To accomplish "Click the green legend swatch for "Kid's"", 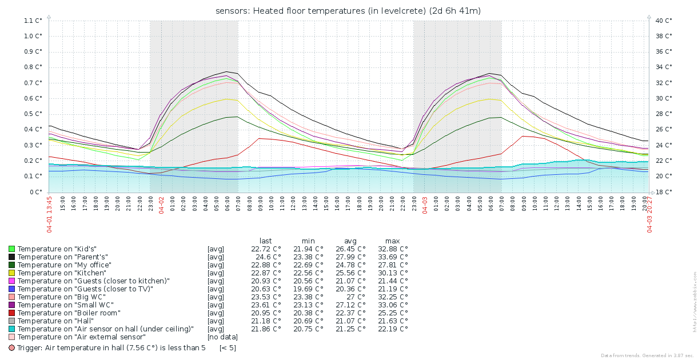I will (x=11, y=249).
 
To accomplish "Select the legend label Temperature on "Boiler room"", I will (x=69, y=313).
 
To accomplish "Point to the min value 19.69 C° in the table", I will (x=308, y=289).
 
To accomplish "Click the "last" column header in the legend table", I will (x=265, y=241).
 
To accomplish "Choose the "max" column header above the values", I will (x=392, y=241).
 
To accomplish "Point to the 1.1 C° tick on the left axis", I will (x=33, y=20).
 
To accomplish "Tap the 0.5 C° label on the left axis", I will (x=33, y=114).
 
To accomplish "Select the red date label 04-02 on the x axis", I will (x=161, y=205).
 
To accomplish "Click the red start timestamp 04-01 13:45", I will (x=49, y=214).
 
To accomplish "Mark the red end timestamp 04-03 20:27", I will (x=649, y=214).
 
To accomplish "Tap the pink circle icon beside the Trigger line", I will (x=11, y=347).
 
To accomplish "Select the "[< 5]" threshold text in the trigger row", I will (x=228, y=347).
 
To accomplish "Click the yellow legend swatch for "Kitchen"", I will (x=11, y=273).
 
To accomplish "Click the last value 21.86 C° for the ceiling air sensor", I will (x=266, y=329).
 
